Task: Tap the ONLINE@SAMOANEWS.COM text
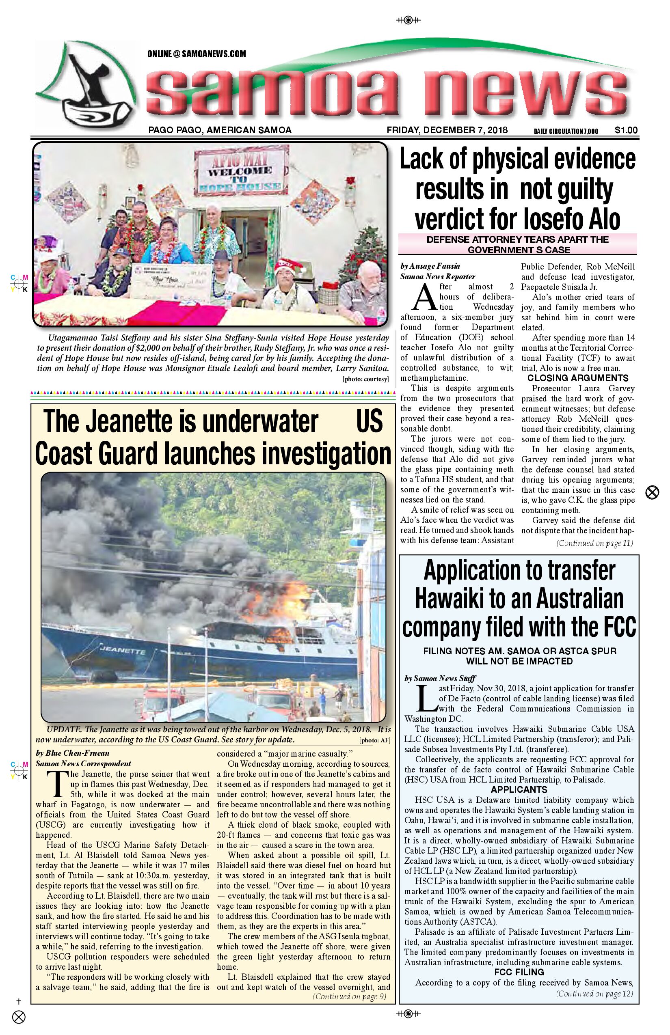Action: click(x=196, y=54)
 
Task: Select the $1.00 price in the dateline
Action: click(x=626, y=130)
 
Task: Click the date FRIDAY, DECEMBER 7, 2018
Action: click(x=447, y=130)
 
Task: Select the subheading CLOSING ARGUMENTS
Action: click(x=578, y=378)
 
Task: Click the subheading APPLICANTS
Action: click(x=519, y=789)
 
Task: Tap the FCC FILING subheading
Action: click(x=519, y=972)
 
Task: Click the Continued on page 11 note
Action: click(x=594, y=543)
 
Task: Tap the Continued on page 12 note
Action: click(x=594, y=993)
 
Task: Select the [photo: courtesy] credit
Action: click(x=365, y=379)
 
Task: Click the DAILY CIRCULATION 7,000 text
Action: click(x=566, y=131)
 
